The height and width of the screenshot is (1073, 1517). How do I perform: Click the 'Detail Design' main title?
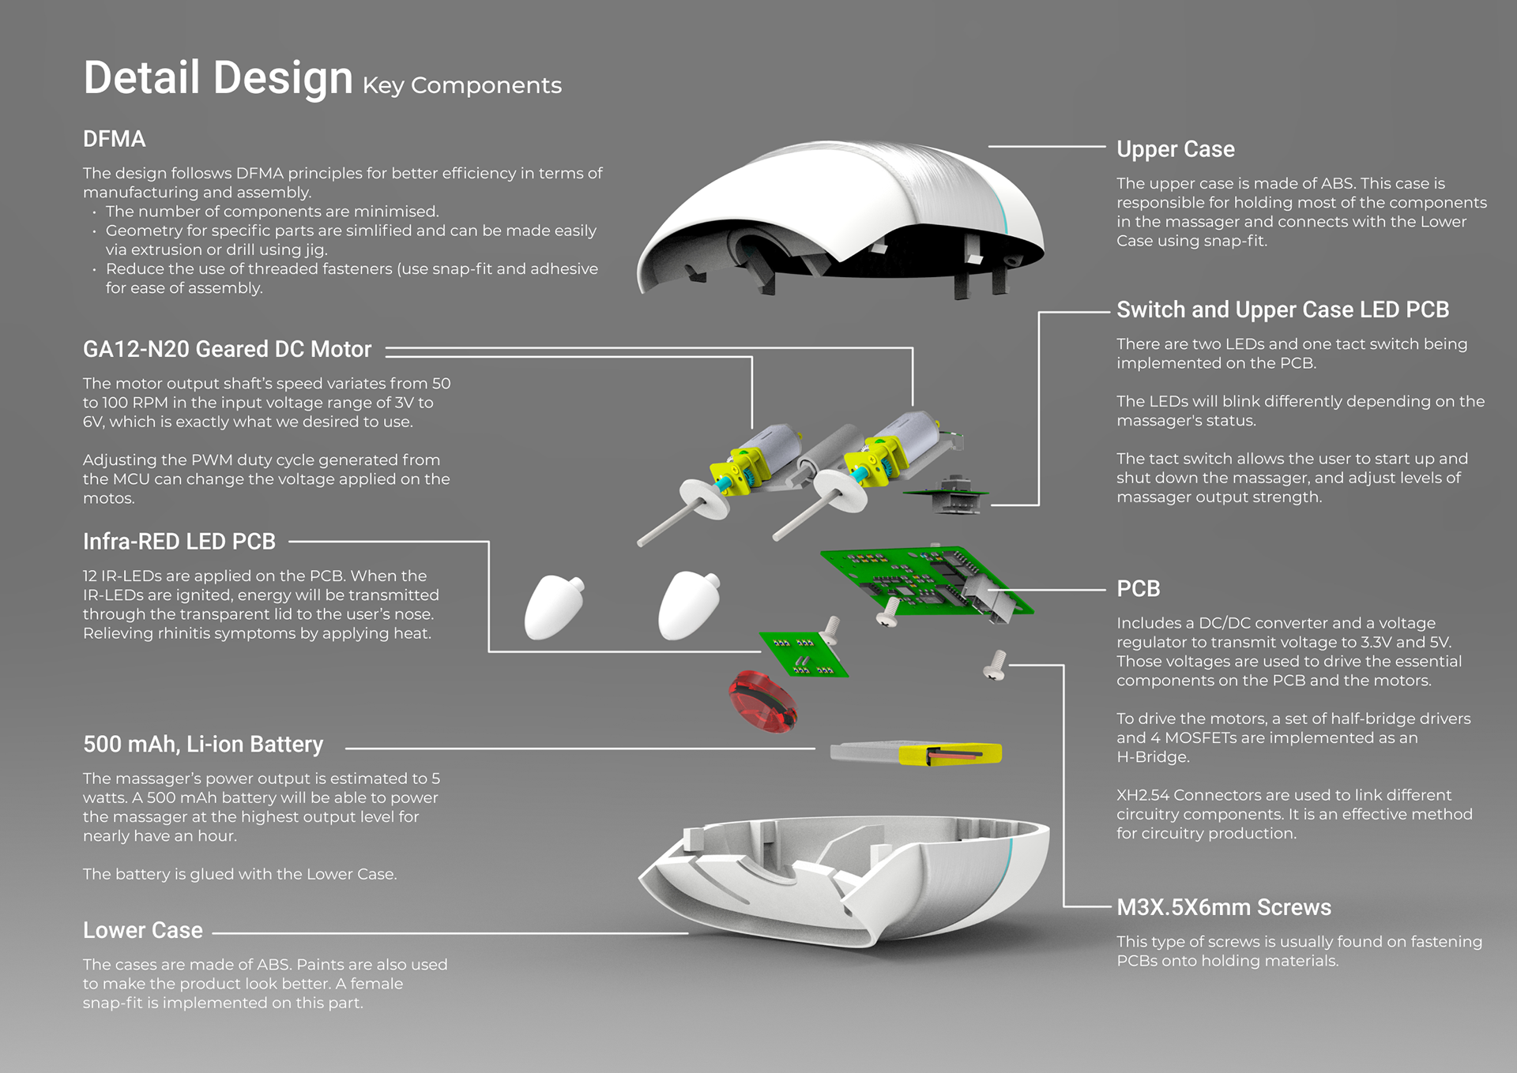tap(217, 78)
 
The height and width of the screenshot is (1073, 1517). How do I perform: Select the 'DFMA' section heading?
tap(115, 139)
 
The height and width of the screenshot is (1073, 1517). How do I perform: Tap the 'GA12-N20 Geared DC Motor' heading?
tap(227, 349)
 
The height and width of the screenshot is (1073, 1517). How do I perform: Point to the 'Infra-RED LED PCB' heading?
tap(179, 542)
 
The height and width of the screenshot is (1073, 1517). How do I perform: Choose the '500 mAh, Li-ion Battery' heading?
tap(203, 745)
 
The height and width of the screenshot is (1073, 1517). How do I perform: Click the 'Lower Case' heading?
tap(143, 931)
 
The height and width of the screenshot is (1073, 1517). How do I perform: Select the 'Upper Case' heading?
tap(1175, 149)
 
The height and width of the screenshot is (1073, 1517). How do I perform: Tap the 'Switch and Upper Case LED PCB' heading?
tap(1282, 310)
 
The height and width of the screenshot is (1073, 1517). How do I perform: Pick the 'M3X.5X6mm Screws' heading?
tap(1223, 908)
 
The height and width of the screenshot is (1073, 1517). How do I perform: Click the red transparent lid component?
tap(762, 700)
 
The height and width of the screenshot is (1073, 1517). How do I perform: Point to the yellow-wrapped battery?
tap(917, 753)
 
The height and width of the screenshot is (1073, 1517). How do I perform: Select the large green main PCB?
tap(924, 580)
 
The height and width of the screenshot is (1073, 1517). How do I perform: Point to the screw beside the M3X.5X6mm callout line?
tap(996, 665)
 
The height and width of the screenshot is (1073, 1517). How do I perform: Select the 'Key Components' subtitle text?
tap(462, 85)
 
